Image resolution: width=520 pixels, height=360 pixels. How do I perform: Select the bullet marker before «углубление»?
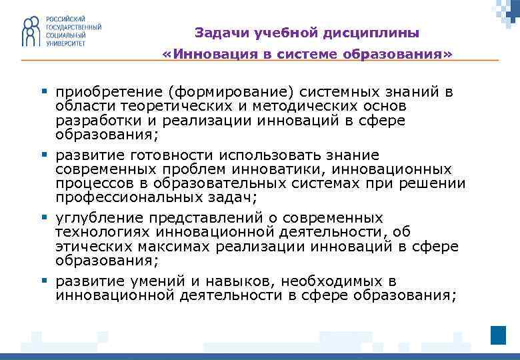(x=43, y=217)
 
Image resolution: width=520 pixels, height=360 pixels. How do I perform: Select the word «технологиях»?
(x=103, y=232)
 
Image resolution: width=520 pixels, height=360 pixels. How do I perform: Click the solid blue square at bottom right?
(x=498, y=335)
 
